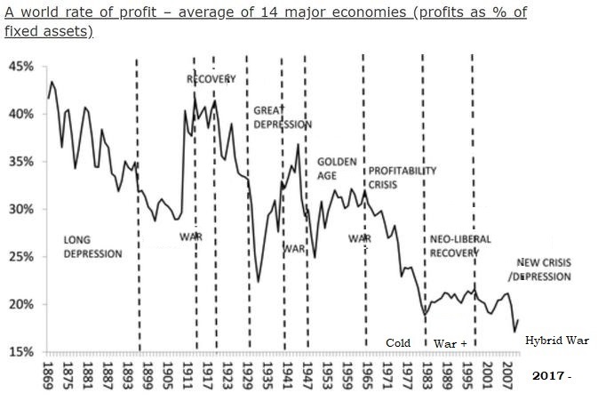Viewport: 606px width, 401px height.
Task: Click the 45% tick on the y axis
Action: (x=20, y=67)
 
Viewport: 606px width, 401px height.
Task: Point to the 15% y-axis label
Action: (x=20, y=351)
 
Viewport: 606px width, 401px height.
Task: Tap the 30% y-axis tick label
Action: (x=20, y=209)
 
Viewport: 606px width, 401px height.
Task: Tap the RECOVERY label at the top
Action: (x=211, y=79)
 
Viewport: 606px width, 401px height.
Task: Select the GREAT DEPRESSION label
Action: (x=283, y=117)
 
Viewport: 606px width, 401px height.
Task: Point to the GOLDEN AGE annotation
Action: (x=337, y=168)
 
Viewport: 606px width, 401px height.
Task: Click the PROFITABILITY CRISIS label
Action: (x=403, y=177)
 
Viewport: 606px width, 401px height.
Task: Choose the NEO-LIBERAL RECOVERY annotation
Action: (x=460, y=246)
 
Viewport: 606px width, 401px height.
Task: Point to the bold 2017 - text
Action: (x=551, y=376)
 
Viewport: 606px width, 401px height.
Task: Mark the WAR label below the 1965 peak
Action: (x=359, y=238)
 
